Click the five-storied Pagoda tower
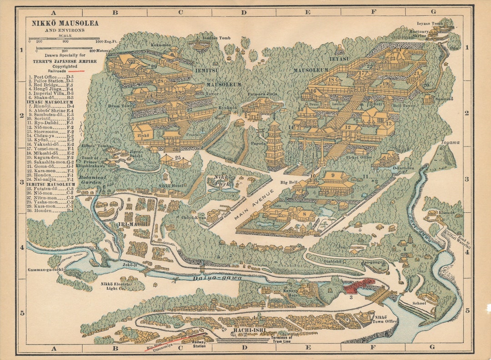point(274,145)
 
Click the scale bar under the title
point(64,39)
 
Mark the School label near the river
point(419,303)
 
